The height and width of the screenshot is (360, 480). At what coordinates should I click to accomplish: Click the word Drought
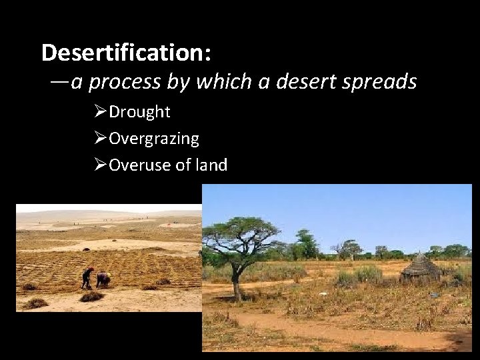139,112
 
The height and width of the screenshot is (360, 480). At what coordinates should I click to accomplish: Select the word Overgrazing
154,139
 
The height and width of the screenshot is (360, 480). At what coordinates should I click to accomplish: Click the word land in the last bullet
210,164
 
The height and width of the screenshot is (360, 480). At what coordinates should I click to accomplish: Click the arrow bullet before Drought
101,111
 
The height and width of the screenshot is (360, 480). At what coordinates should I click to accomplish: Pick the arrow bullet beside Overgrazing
101,138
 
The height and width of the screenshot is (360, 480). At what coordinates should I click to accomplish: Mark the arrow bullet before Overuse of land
101,164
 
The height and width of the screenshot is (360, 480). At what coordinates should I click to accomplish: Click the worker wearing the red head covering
87,277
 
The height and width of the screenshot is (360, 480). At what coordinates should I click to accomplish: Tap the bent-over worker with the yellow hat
103,279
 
